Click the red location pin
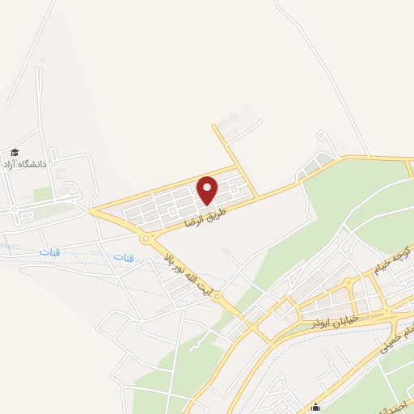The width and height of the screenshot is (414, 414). pos(208,190)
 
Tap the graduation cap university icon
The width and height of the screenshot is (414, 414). pos(15,152)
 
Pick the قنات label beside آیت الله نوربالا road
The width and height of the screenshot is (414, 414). pos(123,257)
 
